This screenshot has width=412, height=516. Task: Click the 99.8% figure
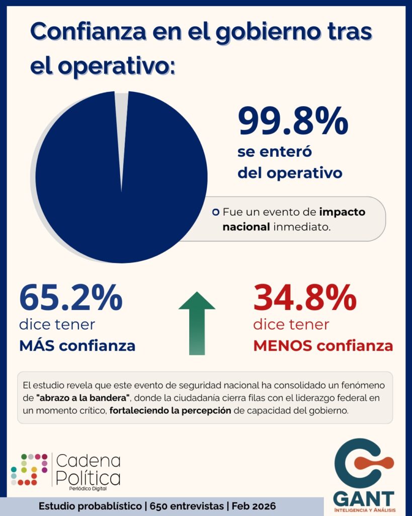tap(293, 121)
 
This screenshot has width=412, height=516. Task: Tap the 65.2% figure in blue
tap(70, 298)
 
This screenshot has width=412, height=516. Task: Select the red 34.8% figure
tap(305, 298)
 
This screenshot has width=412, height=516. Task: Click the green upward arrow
tap(197, 322)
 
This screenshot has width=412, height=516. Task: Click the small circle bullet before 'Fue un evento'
tap(216, 212)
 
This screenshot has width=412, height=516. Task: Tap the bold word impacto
tap(342, 212)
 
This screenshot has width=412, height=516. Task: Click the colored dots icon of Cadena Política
tap(29, 469)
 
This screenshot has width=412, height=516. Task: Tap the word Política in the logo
tap(88, 477)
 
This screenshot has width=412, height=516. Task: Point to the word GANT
tap(364, 498)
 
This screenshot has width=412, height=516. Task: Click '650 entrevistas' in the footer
tap(187, 506)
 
